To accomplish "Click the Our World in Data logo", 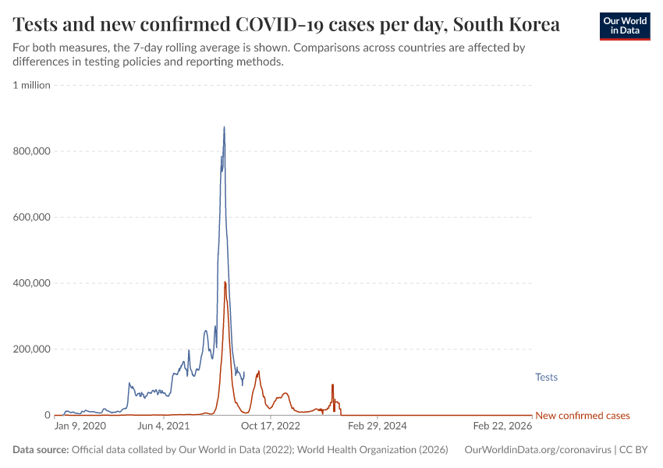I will point(624,26).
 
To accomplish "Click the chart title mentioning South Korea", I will point(286,24).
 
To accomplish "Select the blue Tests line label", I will point(546,378).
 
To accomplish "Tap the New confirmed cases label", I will point(583,416).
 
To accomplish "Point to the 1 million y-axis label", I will point(32,85).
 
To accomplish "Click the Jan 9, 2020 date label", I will point(80,427).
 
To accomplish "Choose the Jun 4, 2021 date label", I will point(163,427).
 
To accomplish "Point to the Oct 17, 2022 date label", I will point(271,427).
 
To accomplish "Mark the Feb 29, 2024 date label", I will point(377,427).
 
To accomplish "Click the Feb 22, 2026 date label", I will point(502,427).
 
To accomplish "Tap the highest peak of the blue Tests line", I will point(224,128).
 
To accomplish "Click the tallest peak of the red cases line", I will point(225,282).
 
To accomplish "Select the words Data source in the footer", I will point(41,450).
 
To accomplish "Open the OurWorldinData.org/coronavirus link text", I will point(537,450).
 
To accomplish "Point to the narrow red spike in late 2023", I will point(332,386).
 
